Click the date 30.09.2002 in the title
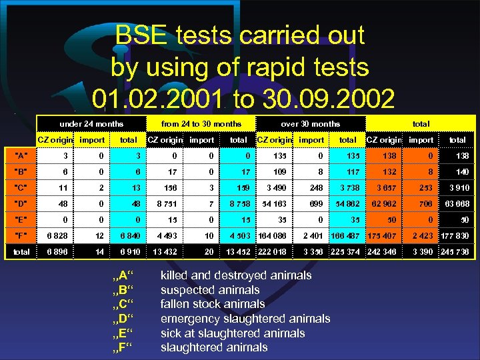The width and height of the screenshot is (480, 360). [326, 99]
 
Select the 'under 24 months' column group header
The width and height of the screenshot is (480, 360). [91, 124]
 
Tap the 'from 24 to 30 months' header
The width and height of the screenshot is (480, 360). [201, 124]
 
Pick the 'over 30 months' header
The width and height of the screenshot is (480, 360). [311, 124]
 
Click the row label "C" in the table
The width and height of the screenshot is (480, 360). [23, 188]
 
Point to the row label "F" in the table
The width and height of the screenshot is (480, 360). [23, 235]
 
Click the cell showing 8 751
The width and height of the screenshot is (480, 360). [163, 203]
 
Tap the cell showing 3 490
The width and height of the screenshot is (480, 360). [275, 188]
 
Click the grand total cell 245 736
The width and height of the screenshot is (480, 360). [456, 252]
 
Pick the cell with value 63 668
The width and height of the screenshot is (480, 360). [457, 203]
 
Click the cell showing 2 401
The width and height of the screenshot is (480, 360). [313, 235]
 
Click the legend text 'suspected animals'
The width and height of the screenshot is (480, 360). [210, 290]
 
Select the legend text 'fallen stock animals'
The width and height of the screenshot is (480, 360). [213, 304]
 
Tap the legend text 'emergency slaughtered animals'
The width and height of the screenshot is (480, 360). [245, 319]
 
